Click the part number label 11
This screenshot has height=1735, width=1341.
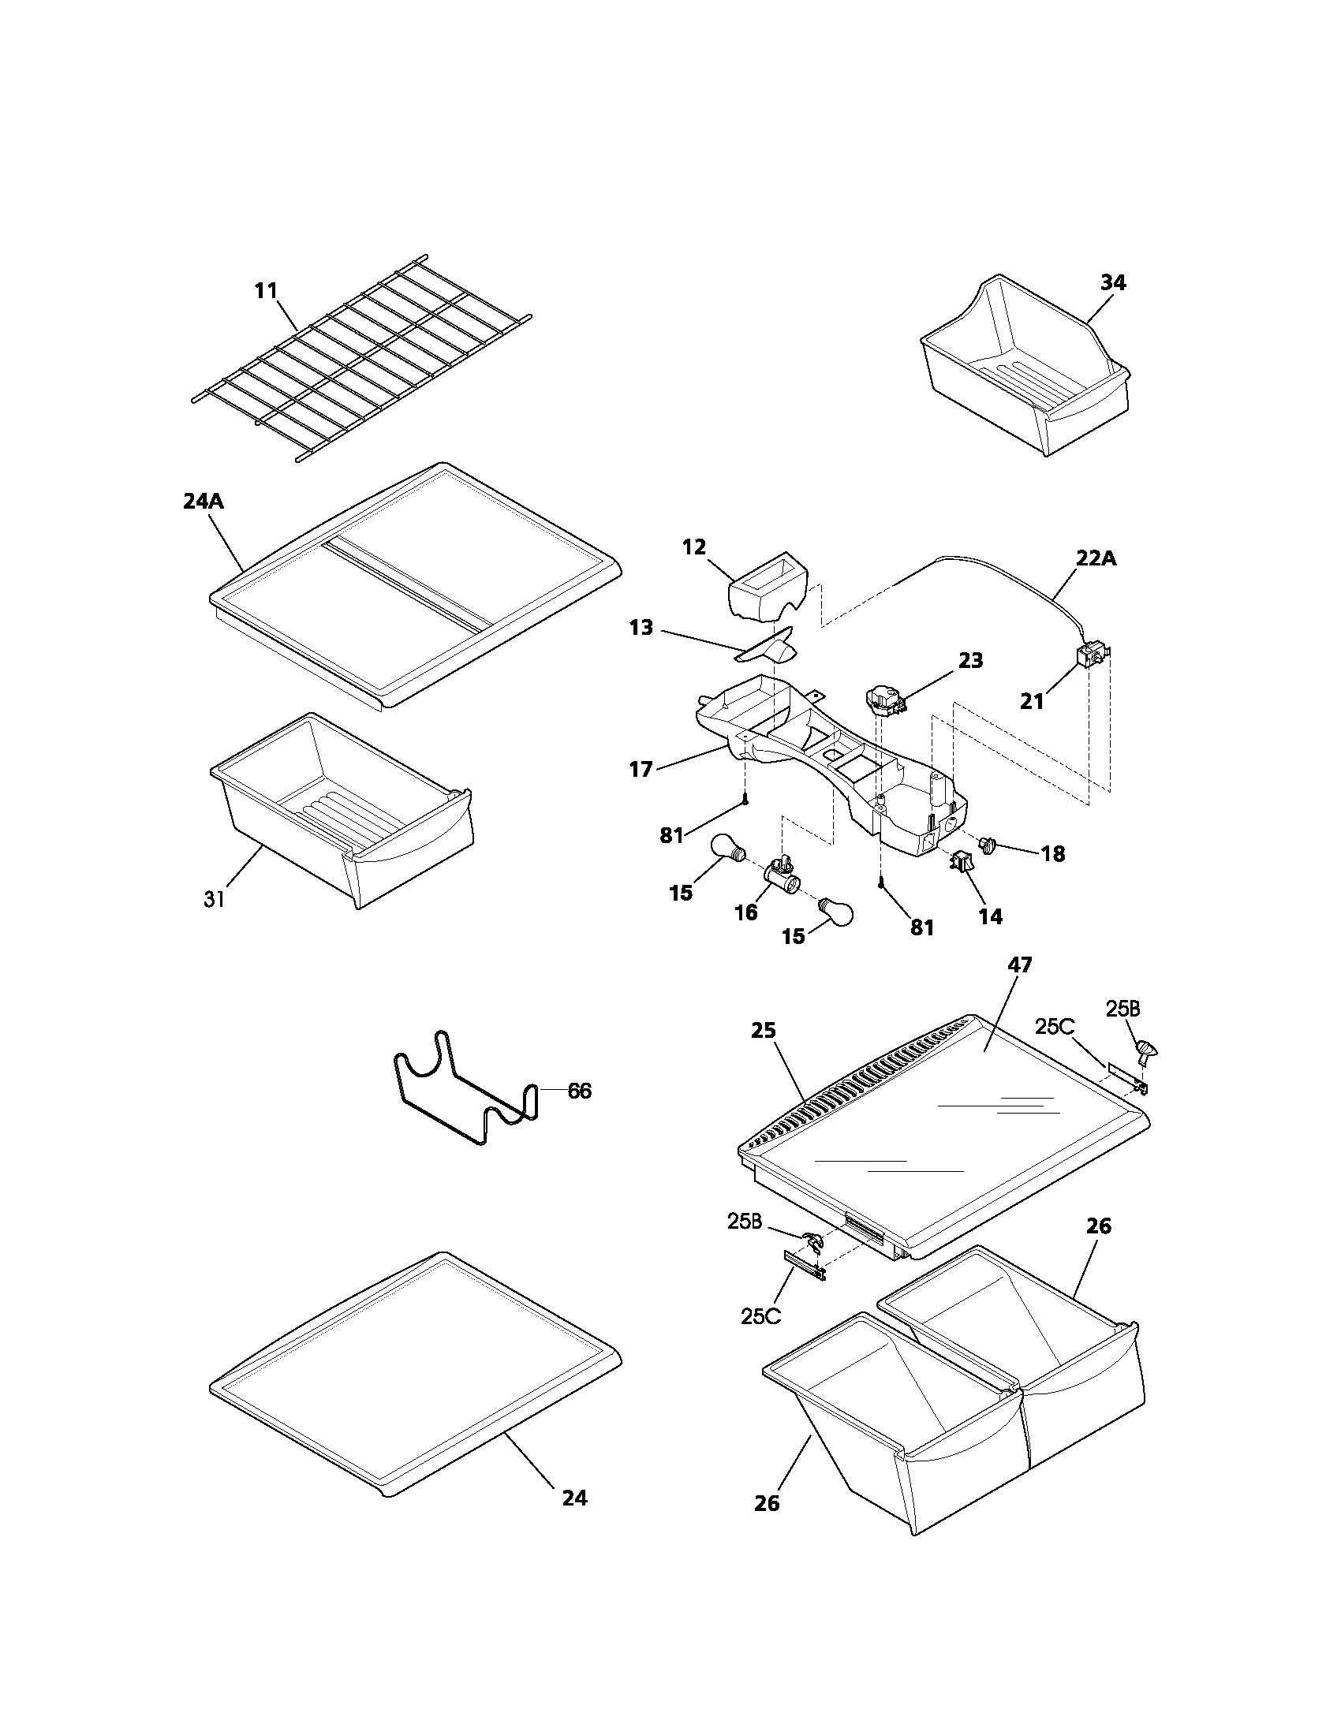click(266, 291)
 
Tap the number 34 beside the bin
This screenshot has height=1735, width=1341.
click(1112, 283)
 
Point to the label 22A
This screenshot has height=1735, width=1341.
click(1096, 558)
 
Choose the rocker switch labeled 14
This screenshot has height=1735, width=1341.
click(962, 861)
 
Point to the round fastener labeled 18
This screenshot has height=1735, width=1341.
click(989, 845)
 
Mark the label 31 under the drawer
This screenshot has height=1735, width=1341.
click(214, 900)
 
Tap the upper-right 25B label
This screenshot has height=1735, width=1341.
click(1122, 1008)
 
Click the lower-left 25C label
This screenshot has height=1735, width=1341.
click(760, 1315)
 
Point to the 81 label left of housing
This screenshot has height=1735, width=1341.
click(671, 835)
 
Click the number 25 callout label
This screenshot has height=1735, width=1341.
click(763, 1031)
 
